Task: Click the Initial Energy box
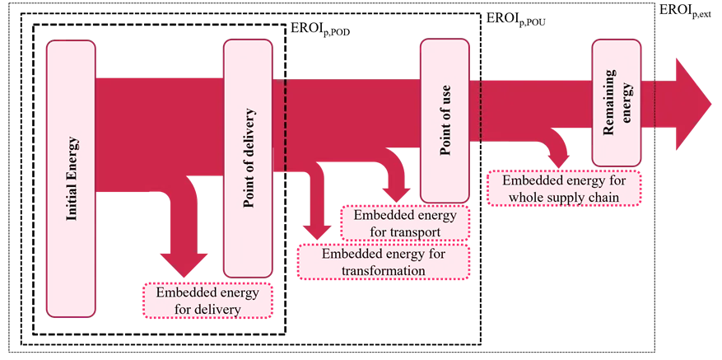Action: coord(71,179)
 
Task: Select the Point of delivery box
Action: coord(248,158)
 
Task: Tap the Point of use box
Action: coord(445,120)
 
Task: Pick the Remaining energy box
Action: coord(617,102)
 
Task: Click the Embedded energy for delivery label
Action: coord(208,301)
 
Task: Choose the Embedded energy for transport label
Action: coord(405,223)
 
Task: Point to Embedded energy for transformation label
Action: coord(384,262)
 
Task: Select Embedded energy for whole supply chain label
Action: coord(564,188)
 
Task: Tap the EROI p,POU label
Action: coord(513,21)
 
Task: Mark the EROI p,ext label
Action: coord(686,11)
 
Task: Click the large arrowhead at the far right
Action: coord(693,104)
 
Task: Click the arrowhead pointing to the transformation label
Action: coord(317,231)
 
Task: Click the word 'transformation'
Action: coord(384,270)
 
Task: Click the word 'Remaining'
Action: coord(609,102)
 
